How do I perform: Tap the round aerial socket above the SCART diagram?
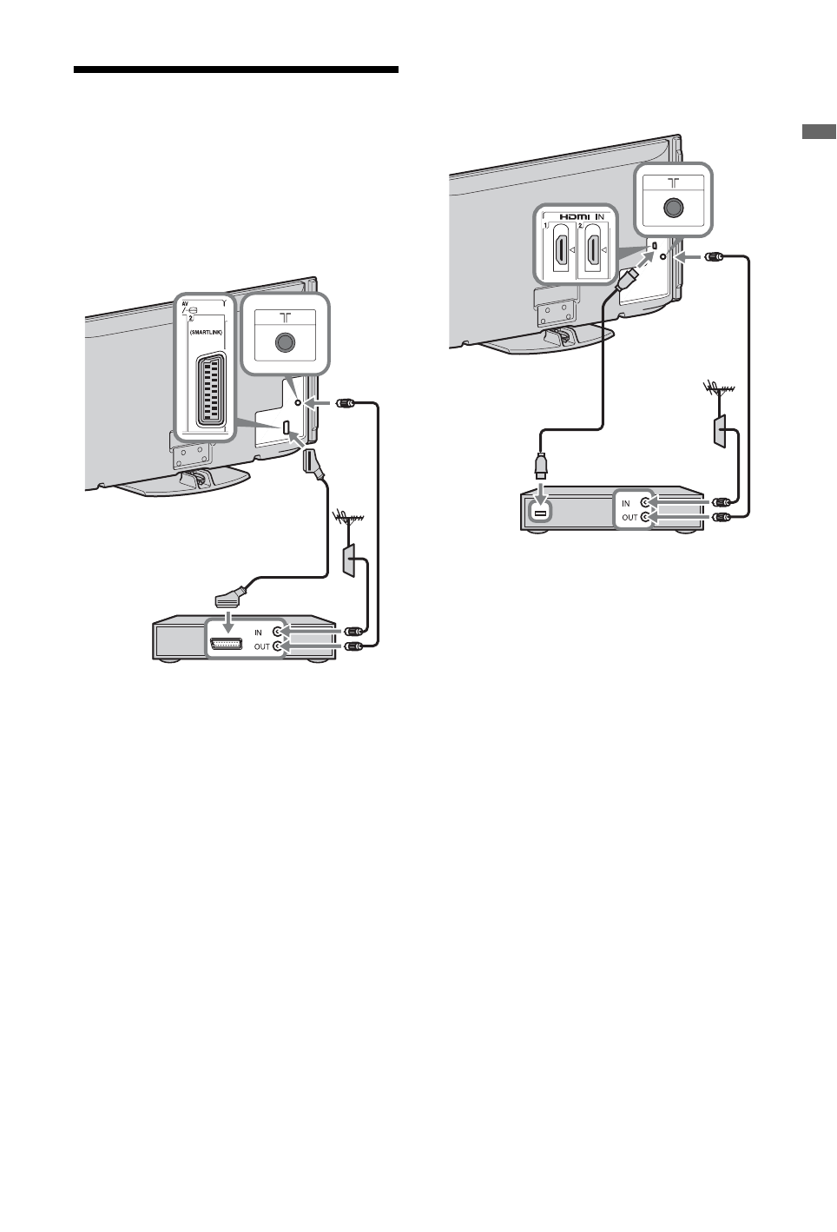[x=284, y=342]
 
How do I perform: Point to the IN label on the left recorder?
[x=258, y=633]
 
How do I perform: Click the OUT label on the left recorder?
[x=261, y=646]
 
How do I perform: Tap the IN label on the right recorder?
[x=626, y=503]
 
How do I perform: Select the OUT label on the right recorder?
[x=629, y=517]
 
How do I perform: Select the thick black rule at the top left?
[x=235, y=70]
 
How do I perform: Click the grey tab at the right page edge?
[x=818, y=133]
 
